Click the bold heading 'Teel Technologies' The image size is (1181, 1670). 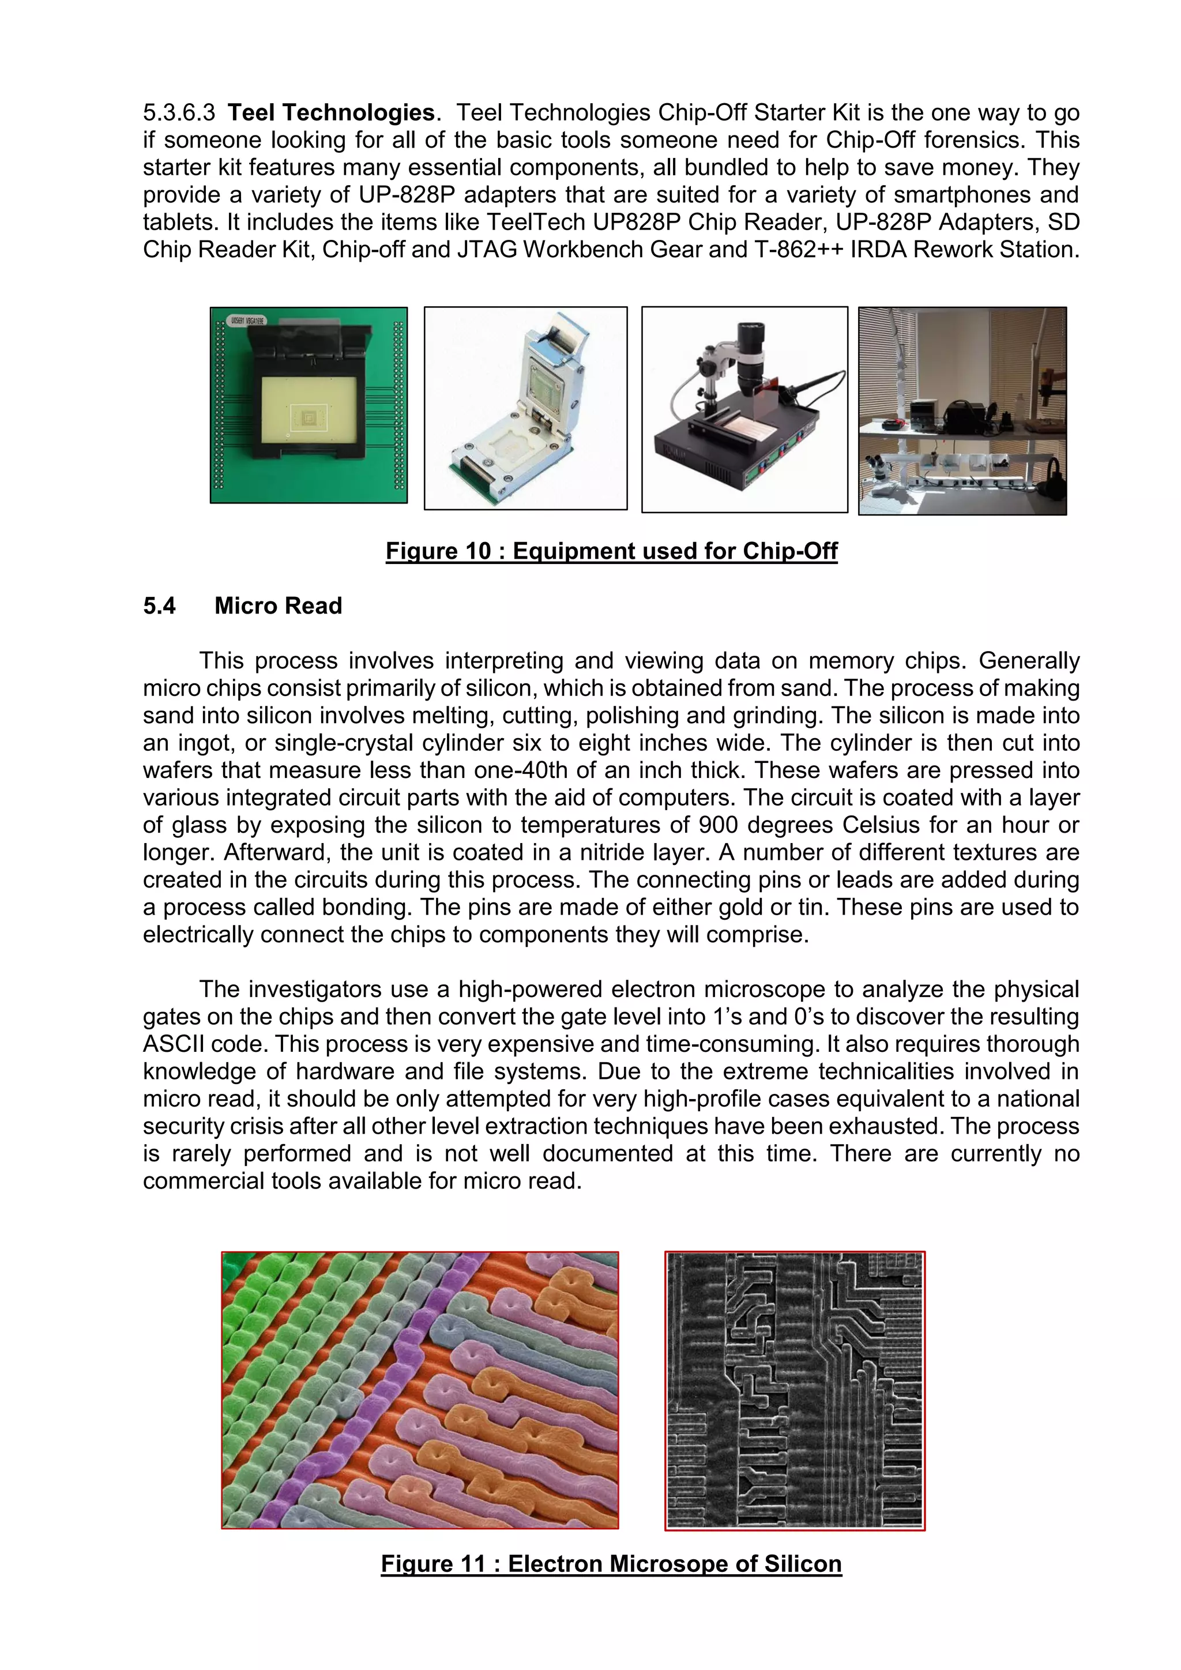click(331, 113)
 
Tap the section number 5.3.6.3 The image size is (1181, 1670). click(179, 113)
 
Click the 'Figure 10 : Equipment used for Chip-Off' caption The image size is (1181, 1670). click(611, 551)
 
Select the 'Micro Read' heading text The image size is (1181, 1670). click(278, 606)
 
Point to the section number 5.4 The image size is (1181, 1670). click(159, 606)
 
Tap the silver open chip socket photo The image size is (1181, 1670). click(525, 408)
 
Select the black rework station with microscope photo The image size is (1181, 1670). click(744, 409)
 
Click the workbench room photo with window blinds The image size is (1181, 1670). click(962, 411)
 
